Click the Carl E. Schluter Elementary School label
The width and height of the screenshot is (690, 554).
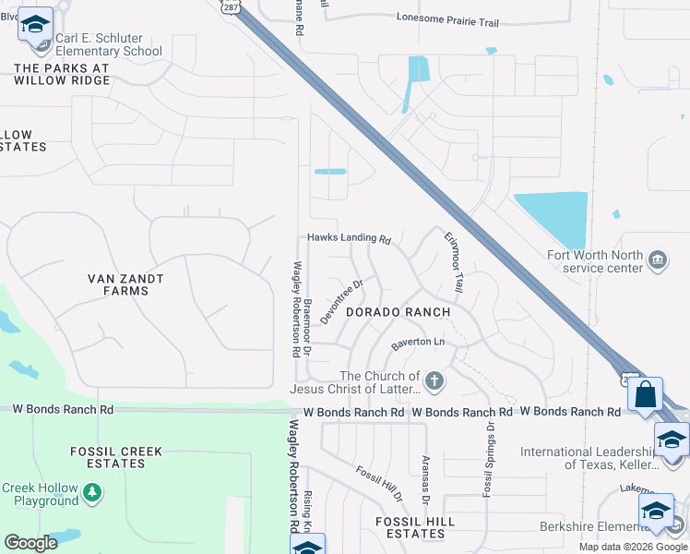coord(108,45)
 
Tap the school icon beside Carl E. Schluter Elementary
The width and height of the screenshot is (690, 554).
coord(36,24)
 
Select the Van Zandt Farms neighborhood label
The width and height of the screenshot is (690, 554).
coord(125,284)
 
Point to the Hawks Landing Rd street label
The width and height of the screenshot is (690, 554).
coord(350,238)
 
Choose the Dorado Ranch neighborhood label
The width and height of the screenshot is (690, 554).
coord(398,312)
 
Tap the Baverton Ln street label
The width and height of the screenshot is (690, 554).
coord(418,343)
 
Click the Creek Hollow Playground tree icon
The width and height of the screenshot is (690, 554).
coord(91,494)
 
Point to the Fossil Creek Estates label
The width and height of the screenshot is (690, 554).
coord(116,458)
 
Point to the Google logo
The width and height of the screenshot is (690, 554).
coord(30,543)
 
